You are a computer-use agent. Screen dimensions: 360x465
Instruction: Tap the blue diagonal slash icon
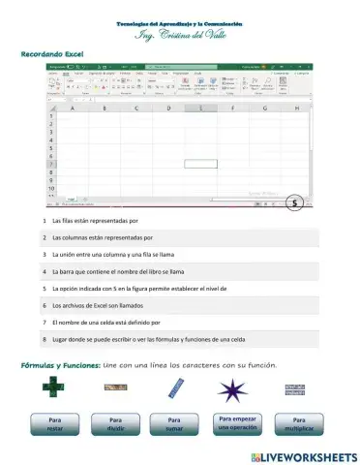pyautogui.click(x=175, y=389)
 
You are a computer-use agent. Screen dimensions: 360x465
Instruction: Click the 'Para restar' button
pyautogui.click(x=55, y=424)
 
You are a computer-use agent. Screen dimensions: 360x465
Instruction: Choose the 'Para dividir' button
pyautogui.click(x=114, y=424)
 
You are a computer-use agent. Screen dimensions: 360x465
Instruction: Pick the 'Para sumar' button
pyautogui.click(x=173, y=424)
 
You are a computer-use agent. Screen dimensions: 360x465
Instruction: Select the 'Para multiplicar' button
pyautogui.click(x=296, y=424)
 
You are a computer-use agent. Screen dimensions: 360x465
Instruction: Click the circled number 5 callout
pyautogui.click(x=295, y=203)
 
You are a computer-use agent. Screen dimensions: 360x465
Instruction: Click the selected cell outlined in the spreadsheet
pyautogui.click(x=200, y=163)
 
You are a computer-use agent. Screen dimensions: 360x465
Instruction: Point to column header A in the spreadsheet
pyautogui.click(x=73, y=108)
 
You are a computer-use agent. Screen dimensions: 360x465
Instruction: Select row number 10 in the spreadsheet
pyautogui.click(x=50, y=191)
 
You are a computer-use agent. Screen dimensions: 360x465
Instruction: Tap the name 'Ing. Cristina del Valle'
pyautogui.click(x=180, y=35)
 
